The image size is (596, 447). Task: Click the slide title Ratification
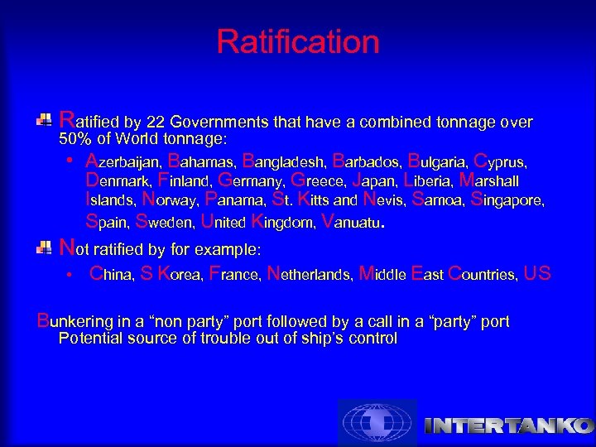tap(298, 41)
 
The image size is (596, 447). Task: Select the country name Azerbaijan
tap(123, 160)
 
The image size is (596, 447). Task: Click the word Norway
tap(170, 200)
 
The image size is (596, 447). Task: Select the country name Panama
tap(234, 200)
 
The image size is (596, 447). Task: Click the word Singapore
tap(507, 200)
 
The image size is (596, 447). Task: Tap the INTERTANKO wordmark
tap(509, 426)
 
